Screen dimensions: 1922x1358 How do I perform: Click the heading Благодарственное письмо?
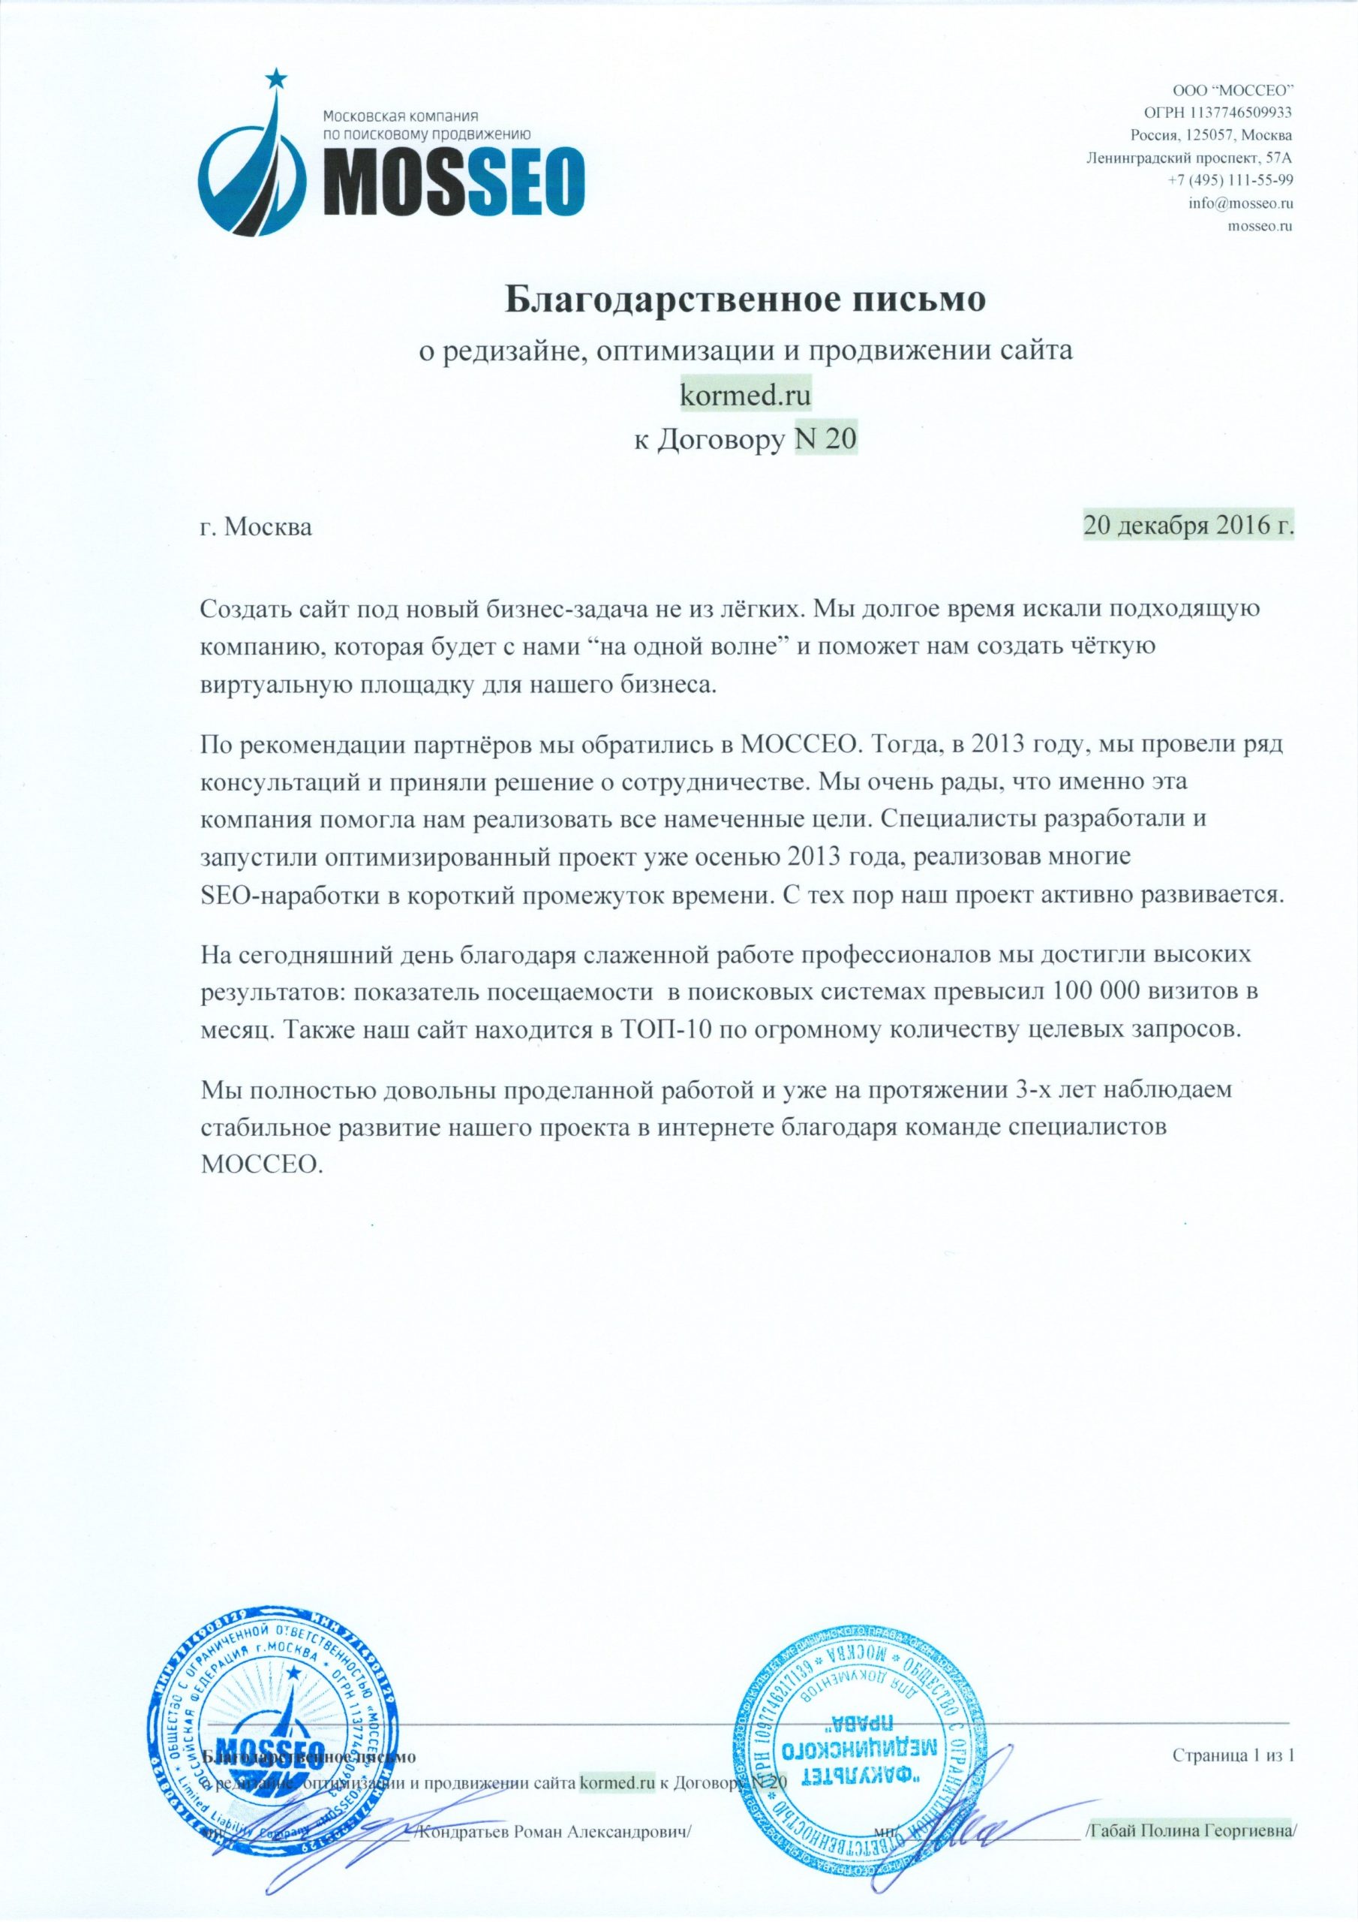pyautogui.click(x=748, y=300)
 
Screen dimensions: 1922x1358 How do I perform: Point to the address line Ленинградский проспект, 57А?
pyautogui.click(x=1189, y=158)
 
